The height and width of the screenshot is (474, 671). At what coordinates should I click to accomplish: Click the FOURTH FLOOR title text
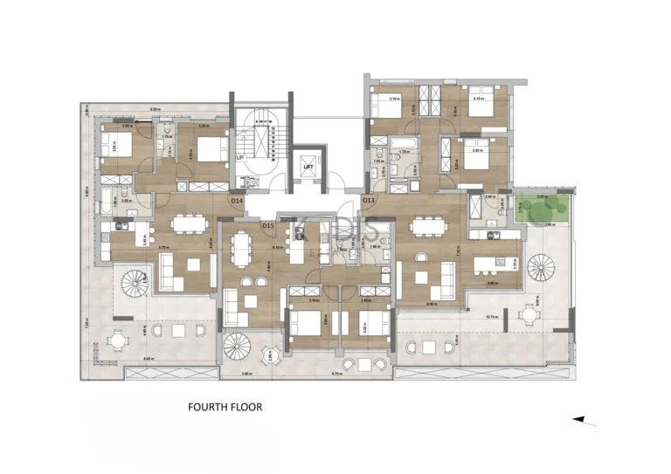click(225, 407)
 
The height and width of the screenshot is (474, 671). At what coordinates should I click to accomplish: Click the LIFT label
click(308, 166)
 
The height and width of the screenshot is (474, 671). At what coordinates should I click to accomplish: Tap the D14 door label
click(236, 201)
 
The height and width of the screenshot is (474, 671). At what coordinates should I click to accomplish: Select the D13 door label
click(369, 201)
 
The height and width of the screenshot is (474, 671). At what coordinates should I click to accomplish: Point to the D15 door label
click(268, 226)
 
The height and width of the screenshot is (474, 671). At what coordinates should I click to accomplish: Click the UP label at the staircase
click(239, 158)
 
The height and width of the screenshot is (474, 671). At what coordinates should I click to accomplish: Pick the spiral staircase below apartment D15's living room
click(237, 347)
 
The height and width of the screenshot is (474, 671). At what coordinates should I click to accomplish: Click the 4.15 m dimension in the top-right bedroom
click(478, 100)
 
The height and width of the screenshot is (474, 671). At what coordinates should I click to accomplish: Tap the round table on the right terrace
click(528, 313)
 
